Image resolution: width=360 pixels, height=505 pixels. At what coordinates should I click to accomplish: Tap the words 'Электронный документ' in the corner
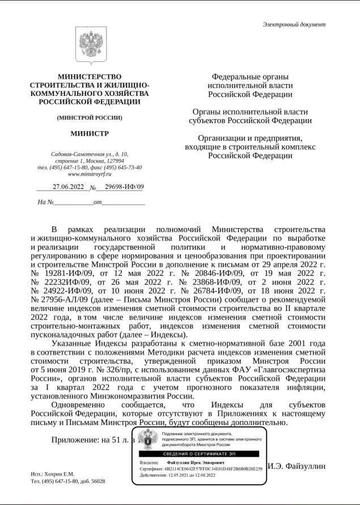[294, 24]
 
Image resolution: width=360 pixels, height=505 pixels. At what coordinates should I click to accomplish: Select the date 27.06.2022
[68, 187]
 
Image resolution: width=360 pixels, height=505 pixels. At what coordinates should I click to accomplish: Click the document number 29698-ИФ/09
[121, 187]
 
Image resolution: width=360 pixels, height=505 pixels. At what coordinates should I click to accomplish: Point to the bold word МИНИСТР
[89, 134]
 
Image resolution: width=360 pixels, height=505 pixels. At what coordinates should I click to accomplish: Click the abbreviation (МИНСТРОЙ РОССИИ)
[89, 118]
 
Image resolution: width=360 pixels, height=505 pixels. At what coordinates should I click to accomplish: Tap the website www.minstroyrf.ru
[89, 174]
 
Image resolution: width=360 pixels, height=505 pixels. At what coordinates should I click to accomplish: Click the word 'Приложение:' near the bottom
[74, 440]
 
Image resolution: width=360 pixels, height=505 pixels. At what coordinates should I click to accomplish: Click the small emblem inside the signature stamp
[149, 439]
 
